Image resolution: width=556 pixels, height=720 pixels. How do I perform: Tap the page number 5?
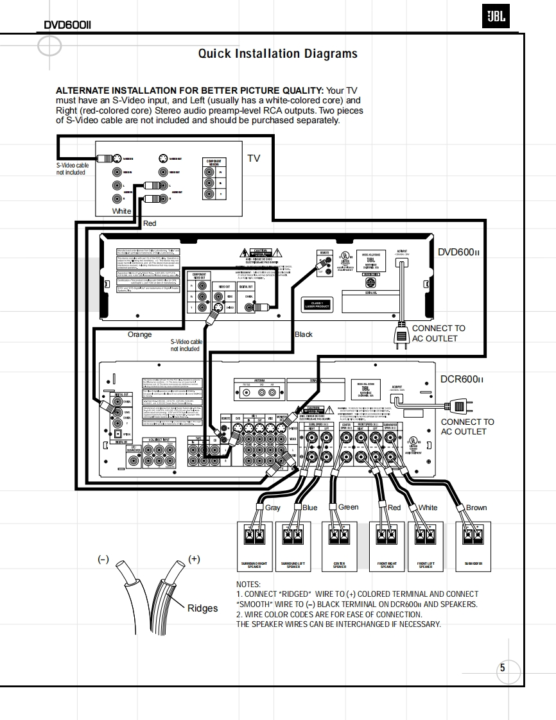502,668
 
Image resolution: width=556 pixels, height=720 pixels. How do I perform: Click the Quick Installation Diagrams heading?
277,54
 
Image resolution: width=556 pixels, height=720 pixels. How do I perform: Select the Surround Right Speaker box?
254,546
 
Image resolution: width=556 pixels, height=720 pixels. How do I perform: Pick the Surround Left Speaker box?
293,546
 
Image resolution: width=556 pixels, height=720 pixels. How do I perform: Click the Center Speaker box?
339,546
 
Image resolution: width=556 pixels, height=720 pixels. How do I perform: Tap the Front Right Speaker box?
387,546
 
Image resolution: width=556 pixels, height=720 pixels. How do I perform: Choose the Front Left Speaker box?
426,546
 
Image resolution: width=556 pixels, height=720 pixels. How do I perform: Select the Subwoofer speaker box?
473,546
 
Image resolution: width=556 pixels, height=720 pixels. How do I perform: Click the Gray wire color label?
272,508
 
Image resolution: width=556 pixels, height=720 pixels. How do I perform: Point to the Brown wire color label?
476,508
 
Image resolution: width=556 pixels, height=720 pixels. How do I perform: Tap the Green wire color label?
348,507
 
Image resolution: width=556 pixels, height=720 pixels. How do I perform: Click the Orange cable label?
140,334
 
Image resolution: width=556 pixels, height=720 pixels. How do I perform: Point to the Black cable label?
304,334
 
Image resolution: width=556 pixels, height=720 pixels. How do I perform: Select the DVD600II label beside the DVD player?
458,252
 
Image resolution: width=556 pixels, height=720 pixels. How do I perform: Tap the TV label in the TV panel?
254,158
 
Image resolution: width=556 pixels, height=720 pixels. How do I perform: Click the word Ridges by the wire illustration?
202,608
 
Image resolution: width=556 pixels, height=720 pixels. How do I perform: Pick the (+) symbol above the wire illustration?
194,559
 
